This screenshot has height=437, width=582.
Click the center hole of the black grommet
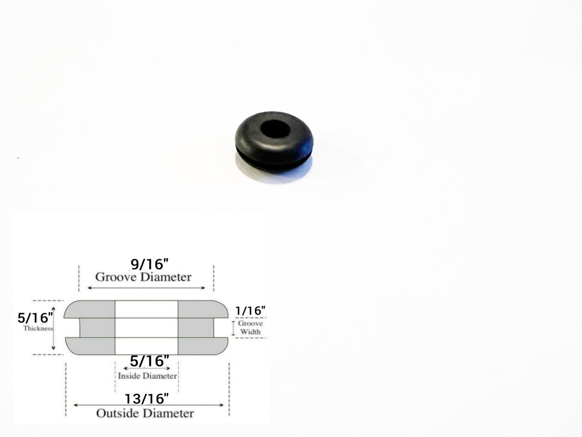276,129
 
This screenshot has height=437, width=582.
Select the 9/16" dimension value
150,264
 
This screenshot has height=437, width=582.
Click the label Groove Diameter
143,277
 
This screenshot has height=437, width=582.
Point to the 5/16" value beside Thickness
35,318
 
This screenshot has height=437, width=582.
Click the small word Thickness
38,329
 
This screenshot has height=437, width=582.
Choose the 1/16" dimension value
250,311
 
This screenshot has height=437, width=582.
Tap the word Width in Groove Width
250,332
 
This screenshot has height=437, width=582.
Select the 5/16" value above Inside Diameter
149,361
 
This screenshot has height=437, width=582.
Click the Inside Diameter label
148,376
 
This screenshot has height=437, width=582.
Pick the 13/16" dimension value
147,398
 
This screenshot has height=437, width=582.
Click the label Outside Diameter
145,413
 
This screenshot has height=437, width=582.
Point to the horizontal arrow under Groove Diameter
146,288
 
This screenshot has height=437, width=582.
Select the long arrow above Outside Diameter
148,405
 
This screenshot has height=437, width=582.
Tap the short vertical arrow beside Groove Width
233,328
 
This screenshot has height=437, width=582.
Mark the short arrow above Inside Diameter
147,368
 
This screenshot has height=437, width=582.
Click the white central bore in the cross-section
146,328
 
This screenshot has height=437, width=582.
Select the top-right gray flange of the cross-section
201,309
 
